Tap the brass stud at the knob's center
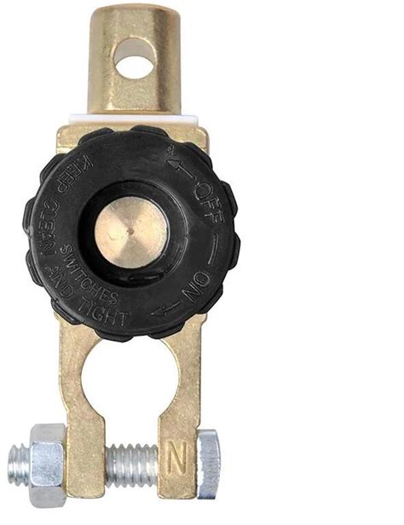(131, 231)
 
